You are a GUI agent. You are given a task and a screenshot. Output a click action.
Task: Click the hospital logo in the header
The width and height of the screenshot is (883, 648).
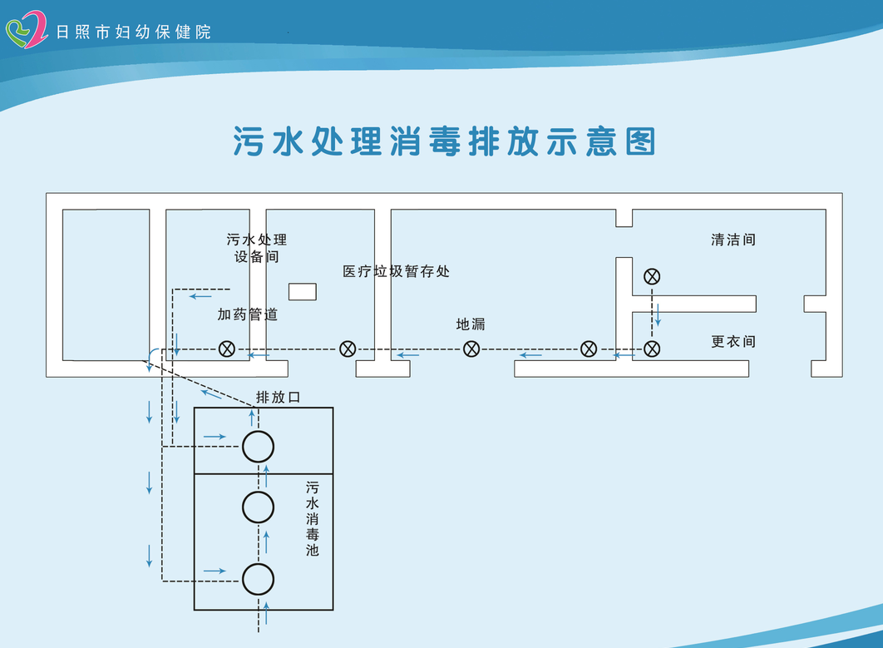(27, 30)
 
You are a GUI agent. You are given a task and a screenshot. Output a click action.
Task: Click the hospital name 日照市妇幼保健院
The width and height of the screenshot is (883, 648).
(133, 32)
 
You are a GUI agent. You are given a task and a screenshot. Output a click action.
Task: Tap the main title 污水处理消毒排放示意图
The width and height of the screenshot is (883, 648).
(444, 142)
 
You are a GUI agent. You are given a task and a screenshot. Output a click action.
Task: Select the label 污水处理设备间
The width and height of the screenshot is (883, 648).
(256, 248)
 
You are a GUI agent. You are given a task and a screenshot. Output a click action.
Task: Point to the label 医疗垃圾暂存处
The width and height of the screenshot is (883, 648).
(396, 272)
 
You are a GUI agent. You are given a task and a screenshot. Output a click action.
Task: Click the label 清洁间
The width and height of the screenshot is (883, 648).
(733, 240)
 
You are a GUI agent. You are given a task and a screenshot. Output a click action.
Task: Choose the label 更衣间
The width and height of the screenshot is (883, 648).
(733, 342)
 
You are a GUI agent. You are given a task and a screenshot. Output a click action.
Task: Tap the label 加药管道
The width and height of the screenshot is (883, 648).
(247, 314)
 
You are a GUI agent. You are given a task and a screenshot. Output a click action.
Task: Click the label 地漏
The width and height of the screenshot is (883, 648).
(471, 324)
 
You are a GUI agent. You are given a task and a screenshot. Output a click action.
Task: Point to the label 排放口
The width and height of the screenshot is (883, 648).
(278, 398)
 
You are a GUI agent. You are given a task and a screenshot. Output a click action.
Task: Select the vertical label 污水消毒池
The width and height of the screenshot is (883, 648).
(312, 518)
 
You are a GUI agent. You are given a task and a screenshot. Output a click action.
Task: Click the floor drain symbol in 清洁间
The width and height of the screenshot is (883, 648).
(652, 275)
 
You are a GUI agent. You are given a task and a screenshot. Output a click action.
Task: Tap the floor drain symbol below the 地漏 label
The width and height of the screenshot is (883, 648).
(471, 349)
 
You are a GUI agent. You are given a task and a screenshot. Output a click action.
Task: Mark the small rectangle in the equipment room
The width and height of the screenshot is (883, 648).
(302, 291)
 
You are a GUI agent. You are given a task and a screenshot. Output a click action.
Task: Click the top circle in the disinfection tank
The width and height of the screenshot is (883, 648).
(259, 447)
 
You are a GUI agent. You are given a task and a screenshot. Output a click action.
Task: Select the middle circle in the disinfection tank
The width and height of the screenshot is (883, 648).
(259, 507)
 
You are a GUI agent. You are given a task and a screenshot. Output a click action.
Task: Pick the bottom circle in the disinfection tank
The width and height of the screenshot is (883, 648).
(259, 579)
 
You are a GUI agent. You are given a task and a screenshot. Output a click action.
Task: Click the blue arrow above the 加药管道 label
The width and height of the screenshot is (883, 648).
(200, 296)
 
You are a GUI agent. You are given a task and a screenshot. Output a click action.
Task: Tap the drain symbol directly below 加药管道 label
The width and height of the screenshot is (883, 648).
(226, 349)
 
